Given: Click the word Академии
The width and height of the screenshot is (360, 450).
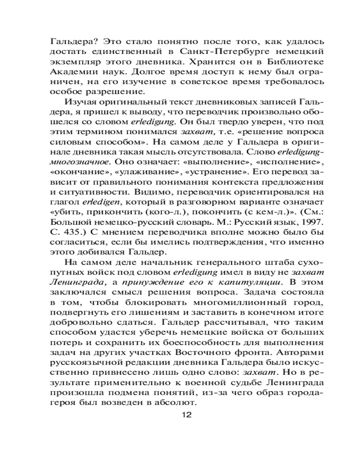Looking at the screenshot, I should tap(67, 72).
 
